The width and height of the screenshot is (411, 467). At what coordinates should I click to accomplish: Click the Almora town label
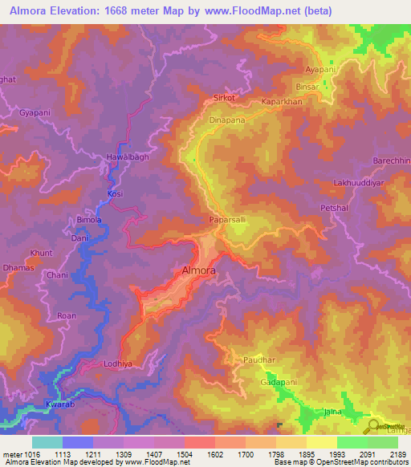tap(198, 270)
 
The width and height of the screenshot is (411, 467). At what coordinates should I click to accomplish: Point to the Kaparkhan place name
tap(281, 103)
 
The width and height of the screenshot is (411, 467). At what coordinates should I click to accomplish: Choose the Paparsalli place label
tap(228, 217)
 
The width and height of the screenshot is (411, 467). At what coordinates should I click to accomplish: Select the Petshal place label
tap(331, 208)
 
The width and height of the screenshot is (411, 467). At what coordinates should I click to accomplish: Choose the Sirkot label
tap(224, 97)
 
